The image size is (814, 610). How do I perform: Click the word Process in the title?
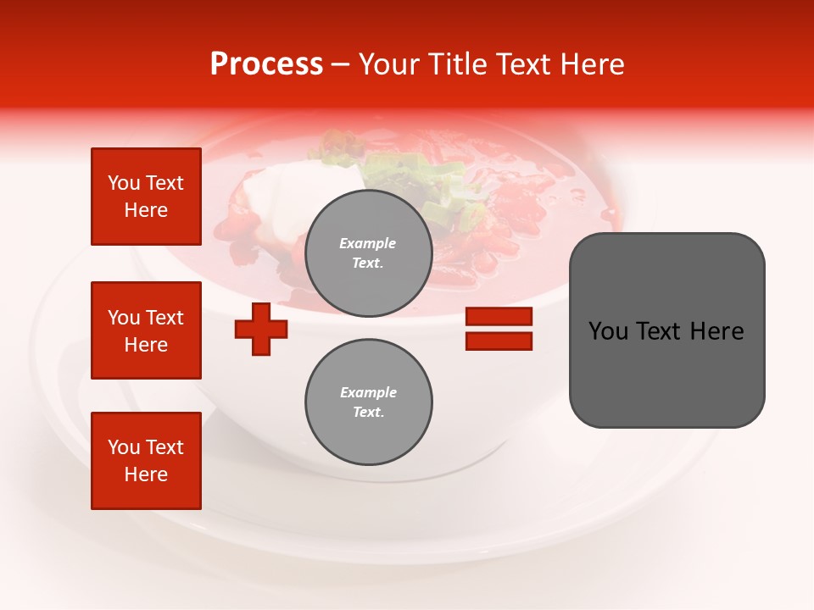pos(266,64)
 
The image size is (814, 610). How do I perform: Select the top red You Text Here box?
pos(146,197)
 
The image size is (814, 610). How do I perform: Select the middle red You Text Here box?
pos(146,330)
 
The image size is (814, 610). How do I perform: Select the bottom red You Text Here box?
pos(146,461)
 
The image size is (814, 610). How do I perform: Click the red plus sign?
pos(261,328)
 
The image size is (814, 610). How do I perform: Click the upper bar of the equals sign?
pos(499,317)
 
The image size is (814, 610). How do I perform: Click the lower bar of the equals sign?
pos(499,341)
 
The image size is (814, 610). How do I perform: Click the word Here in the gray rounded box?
pos(716,331)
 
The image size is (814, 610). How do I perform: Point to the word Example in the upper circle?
pos(368,243)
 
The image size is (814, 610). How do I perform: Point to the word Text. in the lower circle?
pos(368,412)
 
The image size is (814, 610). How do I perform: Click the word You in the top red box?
pos(124,183)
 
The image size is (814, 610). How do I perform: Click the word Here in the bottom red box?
pos(146,474)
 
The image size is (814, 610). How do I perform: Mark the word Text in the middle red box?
pos(164,318)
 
